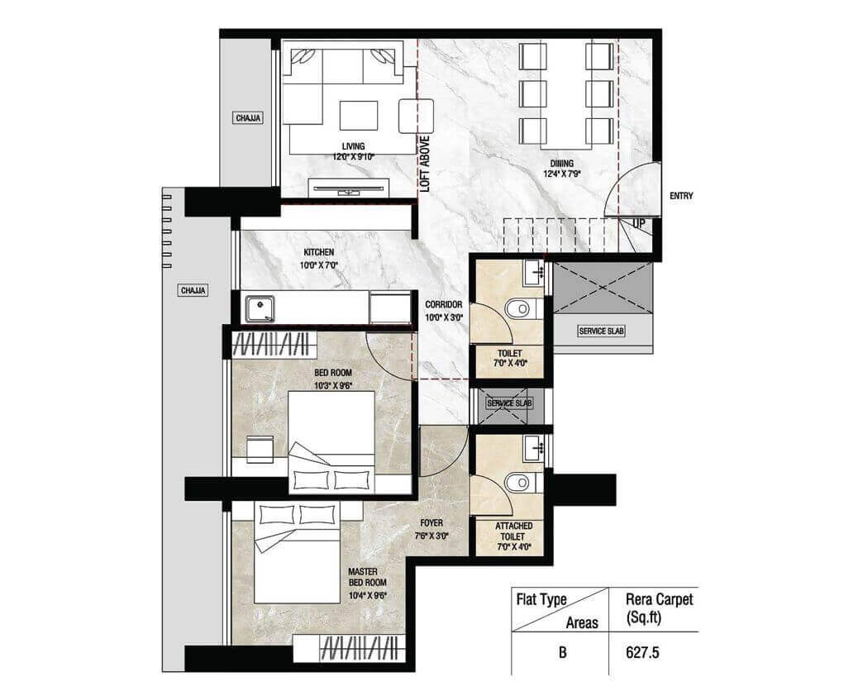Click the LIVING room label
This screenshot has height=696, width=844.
click(x=353, y=145)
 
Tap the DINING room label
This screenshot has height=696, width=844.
click(x=561, y=163)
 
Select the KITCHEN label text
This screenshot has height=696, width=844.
click(x=318, y=252)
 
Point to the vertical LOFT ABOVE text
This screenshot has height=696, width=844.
click(x=425, y=164)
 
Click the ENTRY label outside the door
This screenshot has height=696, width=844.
click(x=681, y=196)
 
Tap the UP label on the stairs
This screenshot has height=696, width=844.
click(x=638, y=223)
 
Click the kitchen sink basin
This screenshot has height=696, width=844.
click(x=260, y=309)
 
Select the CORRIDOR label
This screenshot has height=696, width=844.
click(x=444, y=304)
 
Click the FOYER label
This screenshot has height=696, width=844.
click(x=432, y=522)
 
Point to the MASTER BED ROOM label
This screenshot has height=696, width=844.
click(x=367, y=577)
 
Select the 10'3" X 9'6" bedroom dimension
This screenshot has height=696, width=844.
click(x=333, y=385)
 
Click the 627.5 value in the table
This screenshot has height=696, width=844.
click(x=642, y=652)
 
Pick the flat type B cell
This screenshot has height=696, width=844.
click(x=562, y=652)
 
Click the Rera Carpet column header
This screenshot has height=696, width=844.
click(x=659, y=608)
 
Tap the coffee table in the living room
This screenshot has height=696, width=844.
click(x=359, y=115)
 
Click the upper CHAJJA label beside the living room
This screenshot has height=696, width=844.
click(x=248, y=118)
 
